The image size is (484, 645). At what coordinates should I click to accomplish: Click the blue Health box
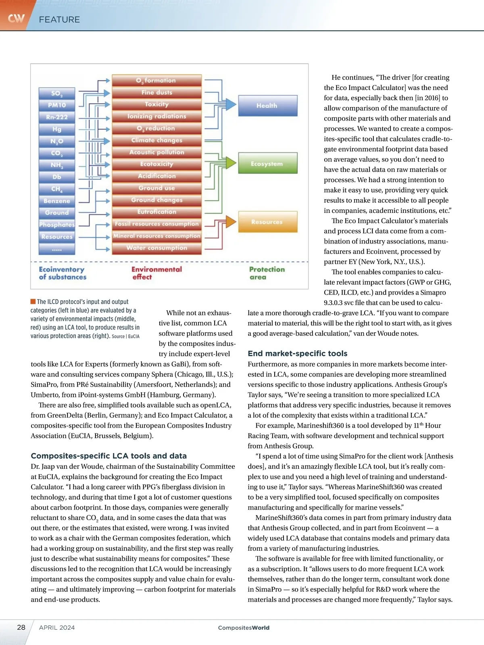267,106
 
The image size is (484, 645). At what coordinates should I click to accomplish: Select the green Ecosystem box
267,163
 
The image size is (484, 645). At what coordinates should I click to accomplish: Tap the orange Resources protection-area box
267,222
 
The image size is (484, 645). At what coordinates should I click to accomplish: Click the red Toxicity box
156,104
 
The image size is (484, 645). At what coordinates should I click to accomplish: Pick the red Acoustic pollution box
156,152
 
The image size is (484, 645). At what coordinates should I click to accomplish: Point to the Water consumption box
156,248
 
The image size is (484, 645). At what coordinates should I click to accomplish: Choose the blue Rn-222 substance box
57,117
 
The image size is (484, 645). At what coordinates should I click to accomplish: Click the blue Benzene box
57,201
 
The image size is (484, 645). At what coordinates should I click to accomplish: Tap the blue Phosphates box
57,225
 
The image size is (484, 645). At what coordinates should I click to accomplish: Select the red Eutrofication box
156,212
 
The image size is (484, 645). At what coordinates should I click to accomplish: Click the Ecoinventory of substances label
63,273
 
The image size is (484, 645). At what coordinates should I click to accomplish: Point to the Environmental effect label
156,273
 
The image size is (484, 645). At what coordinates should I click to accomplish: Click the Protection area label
267,273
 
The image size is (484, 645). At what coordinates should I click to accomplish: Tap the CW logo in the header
16,19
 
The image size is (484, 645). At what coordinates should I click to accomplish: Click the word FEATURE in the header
59,19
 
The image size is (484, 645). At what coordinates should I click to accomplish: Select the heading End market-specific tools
297,354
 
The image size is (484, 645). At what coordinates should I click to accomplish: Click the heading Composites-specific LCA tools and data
108,456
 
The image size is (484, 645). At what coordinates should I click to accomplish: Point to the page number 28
21,627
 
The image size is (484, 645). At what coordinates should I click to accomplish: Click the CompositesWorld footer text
244,628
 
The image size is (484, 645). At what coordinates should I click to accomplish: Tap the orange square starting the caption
33,302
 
